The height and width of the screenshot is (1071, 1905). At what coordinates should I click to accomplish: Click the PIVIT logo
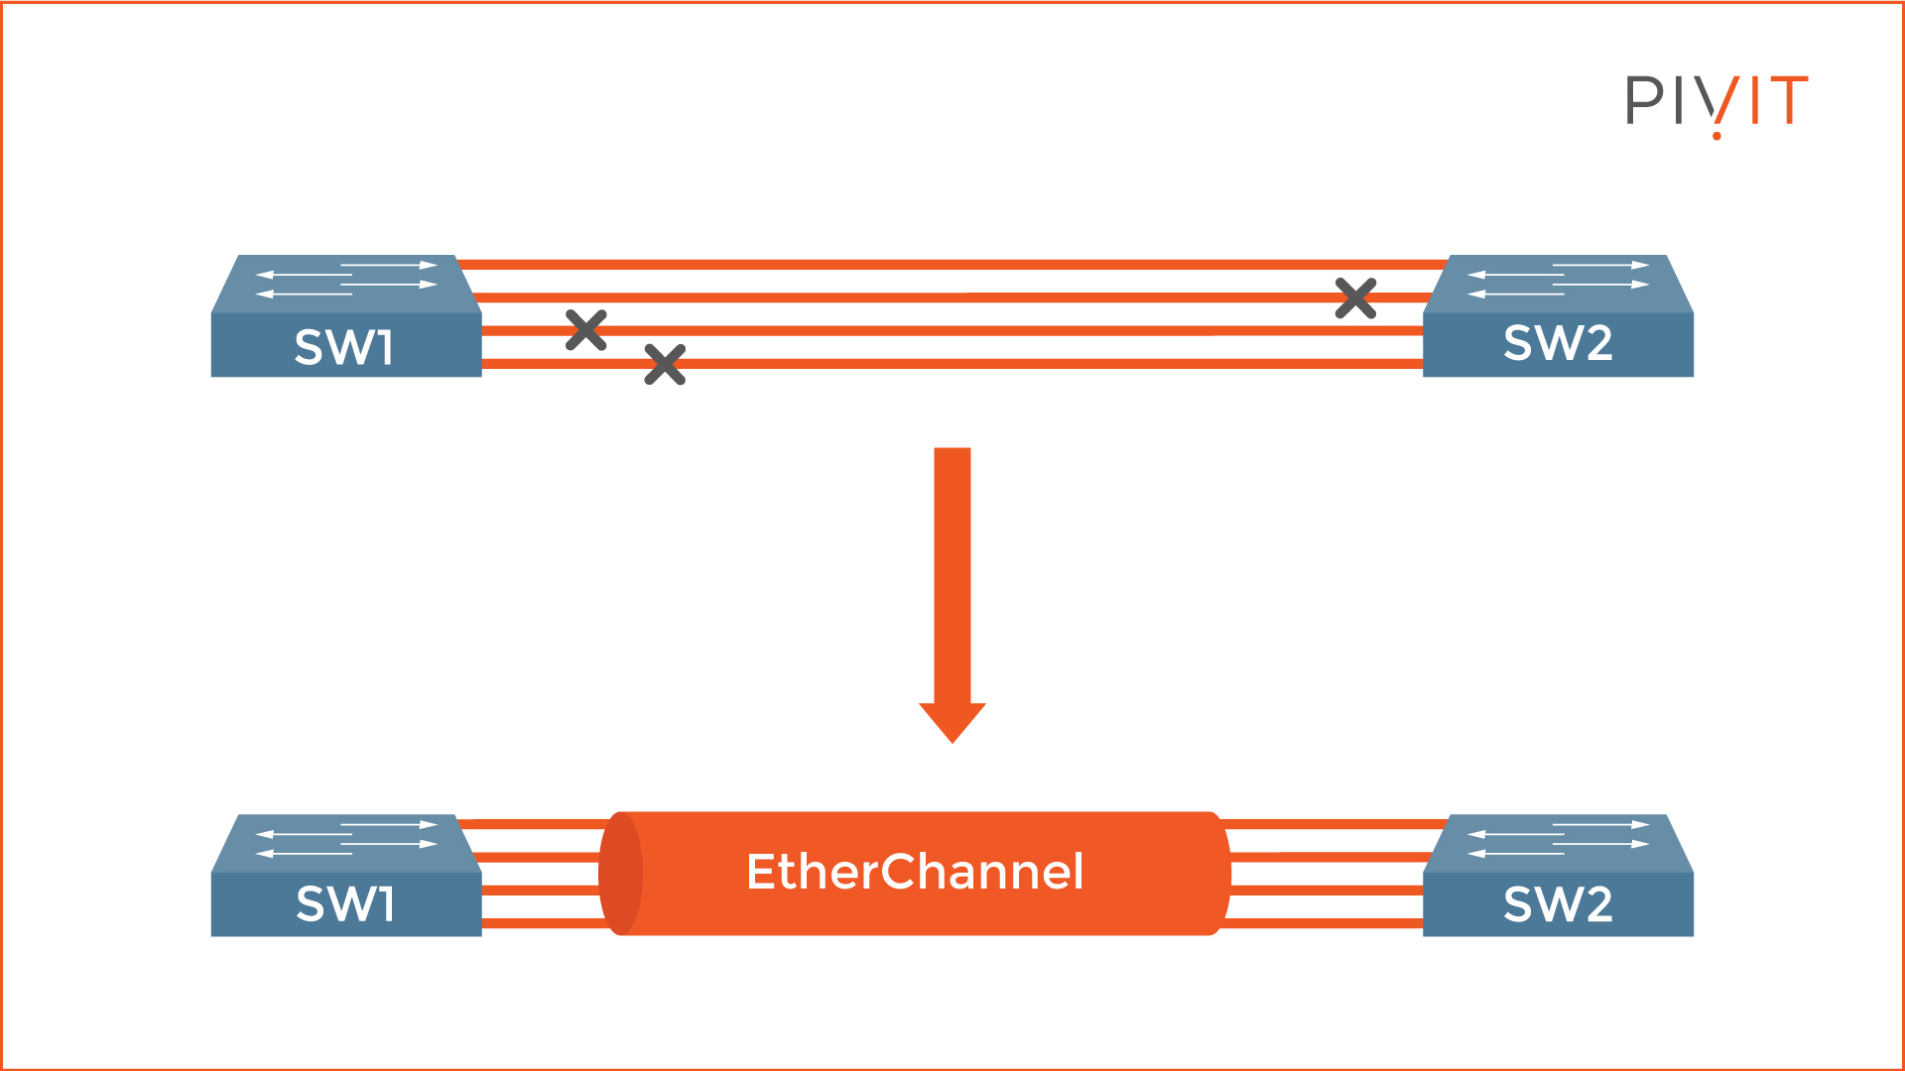[x=1715, y=101]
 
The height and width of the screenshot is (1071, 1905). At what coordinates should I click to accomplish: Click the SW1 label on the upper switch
[x=344, y=347]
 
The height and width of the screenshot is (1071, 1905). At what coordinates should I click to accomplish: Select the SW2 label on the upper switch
[x=1558, y=343]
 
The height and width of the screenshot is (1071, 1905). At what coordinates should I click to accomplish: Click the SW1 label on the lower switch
[x=345, y=903]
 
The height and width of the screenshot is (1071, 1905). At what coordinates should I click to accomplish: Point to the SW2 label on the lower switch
[x=1558, y=903]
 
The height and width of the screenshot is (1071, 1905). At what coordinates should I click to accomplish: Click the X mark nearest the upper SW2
[x=1355, y=297]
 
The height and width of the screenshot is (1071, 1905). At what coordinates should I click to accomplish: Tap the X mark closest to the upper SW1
[x=586, y=330]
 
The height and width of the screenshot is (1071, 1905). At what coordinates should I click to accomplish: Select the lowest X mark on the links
[x=665, y=364]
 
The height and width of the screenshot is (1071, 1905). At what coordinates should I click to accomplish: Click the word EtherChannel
[x=915, y=872]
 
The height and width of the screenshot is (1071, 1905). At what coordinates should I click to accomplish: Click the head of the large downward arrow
[x=952, y=721]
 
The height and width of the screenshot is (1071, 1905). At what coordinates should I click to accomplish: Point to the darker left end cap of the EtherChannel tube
[x=621, y=874]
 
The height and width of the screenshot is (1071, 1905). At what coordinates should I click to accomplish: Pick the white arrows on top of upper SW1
[x=346, y=280]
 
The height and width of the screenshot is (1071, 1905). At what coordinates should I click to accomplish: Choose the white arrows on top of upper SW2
[x=1558, y=280]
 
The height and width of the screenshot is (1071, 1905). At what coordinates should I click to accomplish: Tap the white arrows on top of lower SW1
[x=346, y=839]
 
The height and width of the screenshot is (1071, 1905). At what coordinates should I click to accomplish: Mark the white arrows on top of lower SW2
[x=1558, y=839]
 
